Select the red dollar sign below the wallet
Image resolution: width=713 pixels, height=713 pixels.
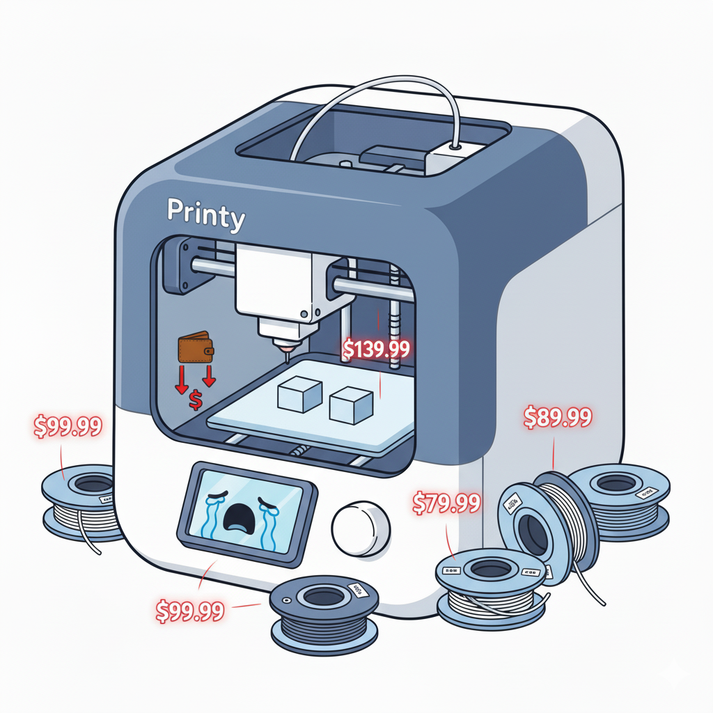196,400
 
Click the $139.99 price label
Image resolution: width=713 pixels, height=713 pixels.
376,348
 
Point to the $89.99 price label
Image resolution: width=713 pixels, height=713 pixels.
557,418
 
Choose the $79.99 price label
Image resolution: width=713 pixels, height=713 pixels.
446,503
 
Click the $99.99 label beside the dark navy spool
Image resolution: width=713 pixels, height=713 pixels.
189,611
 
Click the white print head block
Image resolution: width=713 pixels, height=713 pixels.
275,282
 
